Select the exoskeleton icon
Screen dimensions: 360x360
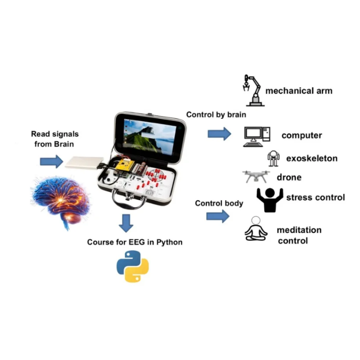[273, 159]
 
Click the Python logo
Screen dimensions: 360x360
[132, 266]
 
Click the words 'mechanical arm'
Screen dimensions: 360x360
[299, 91]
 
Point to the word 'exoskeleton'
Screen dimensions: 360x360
[312, 158]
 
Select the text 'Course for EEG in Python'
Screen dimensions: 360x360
[135, 242]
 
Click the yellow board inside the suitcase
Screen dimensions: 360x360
[124, 165]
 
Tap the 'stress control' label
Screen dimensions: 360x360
[315, 198]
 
